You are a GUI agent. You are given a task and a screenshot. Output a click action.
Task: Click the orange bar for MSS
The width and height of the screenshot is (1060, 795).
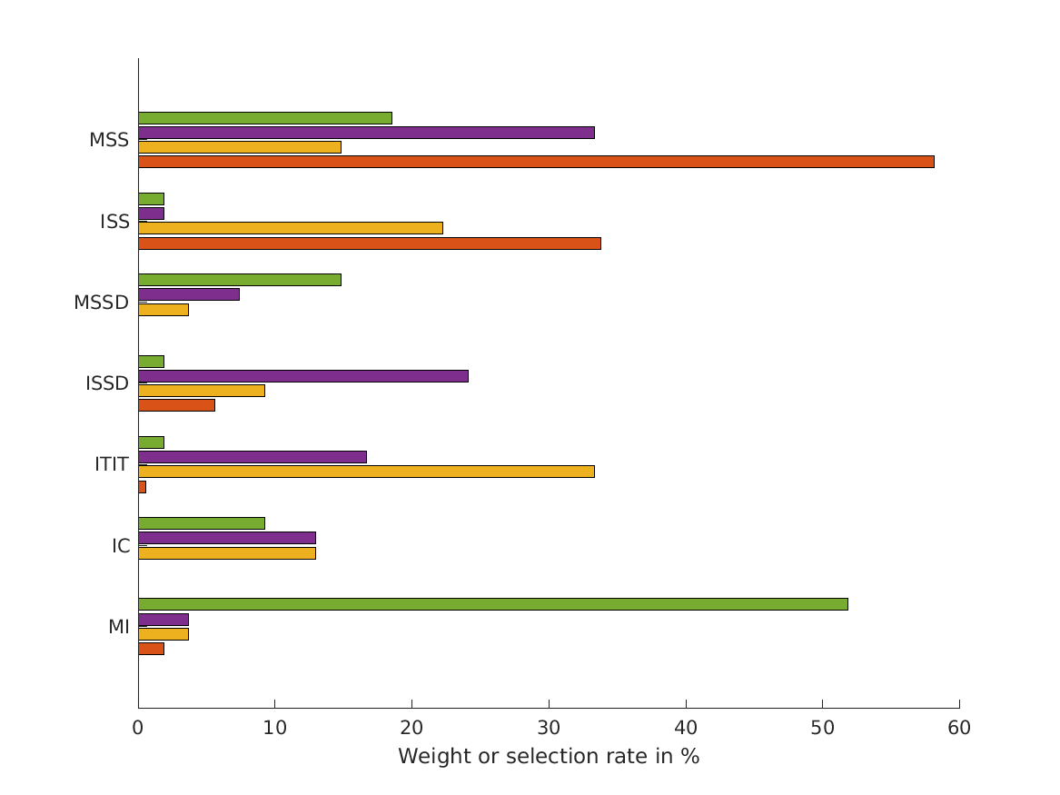[x=536, y=162]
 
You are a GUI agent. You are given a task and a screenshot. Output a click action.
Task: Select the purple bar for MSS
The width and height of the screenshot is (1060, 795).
[x=366, y=133]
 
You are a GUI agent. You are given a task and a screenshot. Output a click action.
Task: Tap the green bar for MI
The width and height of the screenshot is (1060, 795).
[x=492, y=604]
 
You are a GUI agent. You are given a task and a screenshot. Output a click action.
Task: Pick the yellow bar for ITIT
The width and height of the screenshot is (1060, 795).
[x=366, y=472]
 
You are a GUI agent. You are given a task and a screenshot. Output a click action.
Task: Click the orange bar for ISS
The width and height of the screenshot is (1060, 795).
[x=369, y=243]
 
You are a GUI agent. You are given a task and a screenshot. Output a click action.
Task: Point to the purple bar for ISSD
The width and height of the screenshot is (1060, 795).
[x=302, y=376]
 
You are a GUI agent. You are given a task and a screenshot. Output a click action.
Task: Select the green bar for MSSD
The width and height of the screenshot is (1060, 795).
[x=239, y=280]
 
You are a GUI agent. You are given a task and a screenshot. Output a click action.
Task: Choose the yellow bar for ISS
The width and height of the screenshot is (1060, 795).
[x=290, y=228]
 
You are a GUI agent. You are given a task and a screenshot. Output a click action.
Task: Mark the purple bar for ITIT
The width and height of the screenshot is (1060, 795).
[x=252, y=457]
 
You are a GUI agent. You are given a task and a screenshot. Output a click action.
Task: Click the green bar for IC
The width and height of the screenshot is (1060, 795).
[x=201, y=523]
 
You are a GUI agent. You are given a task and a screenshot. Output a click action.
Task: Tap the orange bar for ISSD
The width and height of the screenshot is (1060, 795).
[x=176, y=405]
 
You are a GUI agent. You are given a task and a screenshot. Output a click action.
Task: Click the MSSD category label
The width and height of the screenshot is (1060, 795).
[x=101, y=303]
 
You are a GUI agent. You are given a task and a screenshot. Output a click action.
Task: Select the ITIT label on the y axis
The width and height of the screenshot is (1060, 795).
[x=112, y=464]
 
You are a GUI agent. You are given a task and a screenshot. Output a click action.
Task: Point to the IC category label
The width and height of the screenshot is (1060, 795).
[x=121, y=546]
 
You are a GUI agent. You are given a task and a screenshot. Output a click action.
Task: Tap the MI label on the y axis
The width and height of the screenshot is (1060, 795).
[x=118, y=627]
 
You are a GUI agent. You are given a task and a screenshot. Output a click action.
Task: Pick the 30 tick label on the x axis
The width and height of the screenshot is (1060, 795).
[x=549, y=728]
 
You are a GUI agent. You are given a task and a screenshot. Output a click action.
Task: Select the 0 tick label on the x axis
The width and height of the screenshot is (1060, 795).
[x=138, y=728]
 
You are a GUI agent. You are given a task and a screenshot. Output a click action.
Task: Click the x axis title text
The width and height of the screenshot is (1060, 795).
[x=549, y=757]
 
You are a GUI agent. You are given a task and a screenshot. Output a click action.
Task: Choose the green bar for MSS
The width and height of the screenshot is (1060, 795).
[x=264, y=118]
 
